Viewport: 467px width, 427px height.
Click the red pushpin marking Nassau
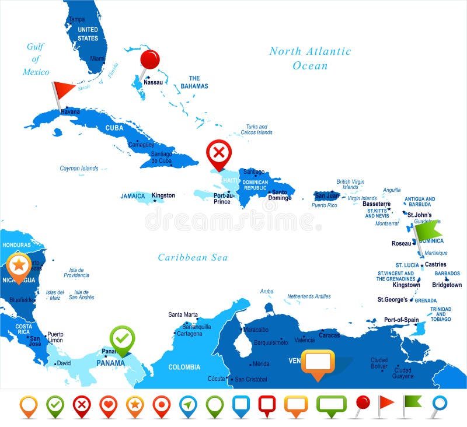150,60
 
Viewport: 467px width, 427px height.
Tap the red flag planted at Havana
63,89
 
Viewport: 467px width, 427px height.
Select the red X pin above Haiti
219,153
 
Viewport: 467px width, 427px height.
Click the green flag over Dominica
428,230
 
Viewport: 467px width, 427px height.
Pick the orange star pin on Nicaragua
19,265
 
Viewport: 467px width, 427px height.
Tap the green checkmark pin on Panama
122,338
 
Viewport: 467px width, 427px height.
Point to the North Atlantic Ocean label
310,58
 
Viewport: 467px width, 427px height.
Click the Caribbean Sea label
193,257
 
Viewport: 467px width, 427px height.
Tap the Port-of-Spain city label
401,320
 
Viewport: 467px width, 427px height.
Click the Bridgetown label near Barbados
447,285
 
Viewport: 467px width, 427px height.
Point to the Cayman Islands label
79,168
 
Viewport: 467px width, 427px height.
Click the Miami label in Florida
97,58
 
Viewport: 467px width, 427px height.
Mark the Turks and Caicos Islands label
256,129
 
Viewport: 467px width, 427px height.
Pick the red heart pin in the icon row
109,404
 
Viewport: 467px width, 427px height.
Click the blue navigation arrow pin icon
188,404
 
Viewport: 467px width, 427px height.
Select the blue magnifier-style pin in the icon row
438,404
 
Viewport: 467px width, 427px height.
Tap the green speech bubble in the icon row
331,404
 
